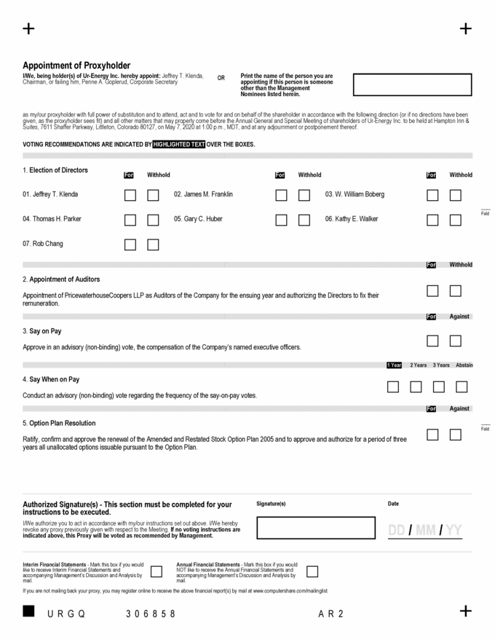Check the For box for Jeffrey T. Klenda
click(130, 195)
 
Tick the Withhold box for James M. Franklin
click(304, 195)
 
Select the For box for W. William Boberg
click(432, 195)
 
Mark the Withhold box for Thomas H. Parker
click(153, 220)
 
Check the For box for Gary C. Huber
click(281, 220)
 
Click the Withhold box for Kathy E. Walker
click(456, 220)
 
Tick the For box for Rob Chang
click(130, 245)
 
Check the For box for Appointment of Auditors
click(432, 291)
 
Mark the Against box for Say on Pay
click(456, 340)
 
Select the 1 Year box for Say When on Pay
click(393, 387)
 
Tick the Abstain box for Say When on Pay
click(462, 387)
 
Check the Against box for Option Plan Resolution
click(456, 434)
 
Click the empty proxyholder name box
click(412, 84)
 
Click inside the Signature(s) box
click(314, 527)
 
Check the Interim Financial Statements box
click(155, 571)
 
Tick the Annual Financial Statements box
click(312, 571)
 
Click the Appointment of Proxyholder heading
click(76, 65)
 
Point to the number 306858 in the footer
click(151, 614)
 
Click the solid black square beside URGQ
click(28, 611)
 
